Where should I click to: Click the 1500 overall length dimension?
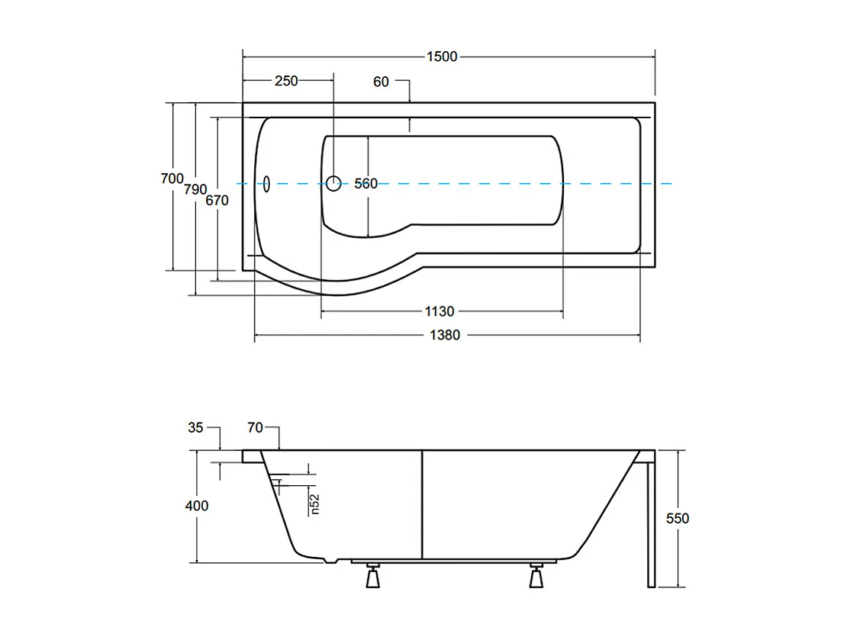pyautogui.click(x=442, y=56)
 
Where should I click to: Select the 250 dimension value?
pyautogui.click(x=286, y=81)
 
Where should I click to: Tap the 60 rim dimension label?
pyautogui.click(x=381, y=82)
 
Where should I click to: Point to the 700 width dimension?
pyautogui.click(x=172, y=179)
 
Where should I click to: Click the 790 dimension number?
pyautogui.click(x=195, y=189)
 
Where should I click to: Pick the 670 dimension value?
pyautogui.click(x=217, y=201)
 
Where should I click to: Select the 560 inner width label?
pyautogui.click(x=366, y=184)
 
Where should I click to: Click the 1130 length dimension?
pyautogui.click(x=439, y=312)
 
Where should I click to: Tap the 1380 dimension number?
pyautogui.click(x=445, y=336)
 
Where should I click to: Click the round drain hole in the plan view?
pyautogui.click(x=333, y=183)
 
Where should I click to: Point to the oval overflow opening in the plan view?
pyautogui.click(x=266, y=184)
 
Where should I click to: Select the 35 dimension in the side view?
pyautogui.click(x=195, y=428)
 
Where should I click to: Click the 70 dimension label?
pyautogui.click(x=256, y=428)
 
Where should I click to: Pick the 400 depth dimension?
pyautogui.click(x=197, y=506)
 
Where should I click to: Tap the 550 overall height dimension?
pyautogui.click(x=678, y=519)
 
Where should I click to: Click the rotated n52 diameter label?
pyautogui.click(x=314, y=503)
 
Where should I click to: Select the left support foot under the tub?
pyautogui.click(x=373, y=576)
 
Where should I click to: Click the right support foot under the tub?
pyautogui.click(x=536, y=576)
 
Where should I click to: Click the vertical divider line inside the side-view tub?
pyautogui.click(x=422, y=504)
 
